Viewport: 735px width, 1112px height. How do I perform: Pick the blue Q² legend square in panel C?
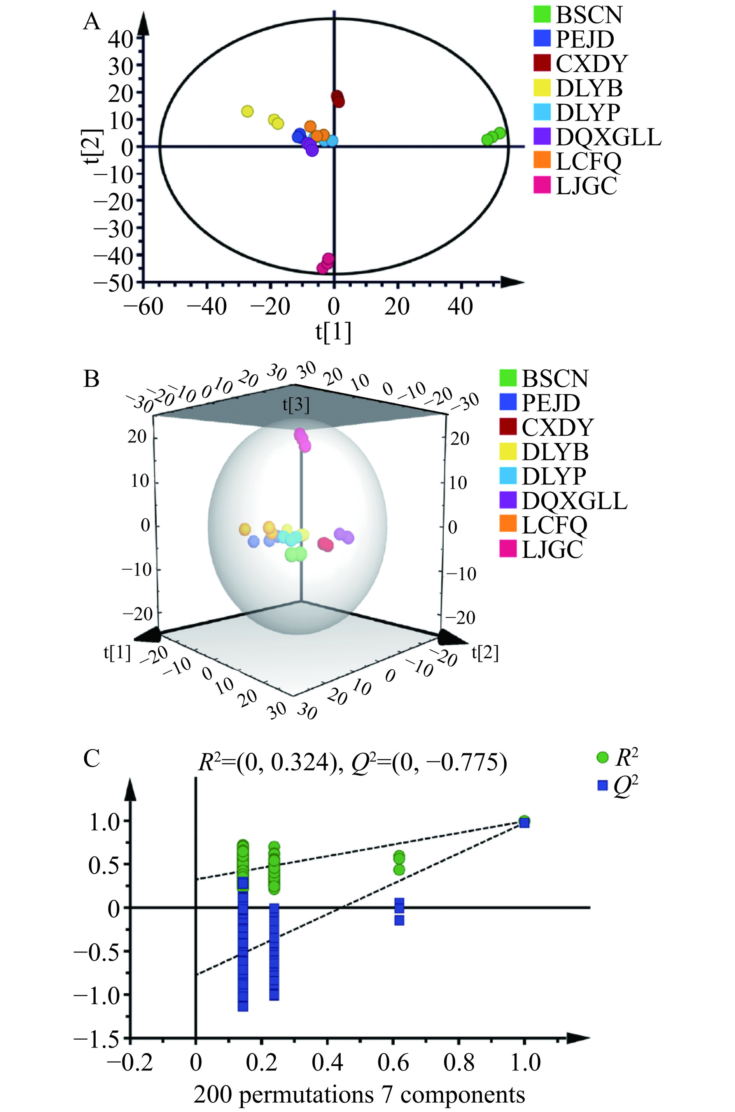[x=603, y=786]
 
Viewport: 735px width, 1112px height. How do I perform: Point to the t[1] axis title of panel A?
[x=333, y=332]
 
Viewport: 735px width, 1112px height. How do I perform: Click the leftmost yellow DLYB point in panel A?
[x=247, y=112]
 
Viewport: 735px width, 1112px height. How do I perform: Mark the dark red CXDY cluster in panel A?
[x=338, y=98]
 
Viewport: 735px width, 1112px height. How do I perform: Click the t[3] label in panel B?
[x=296, y=405]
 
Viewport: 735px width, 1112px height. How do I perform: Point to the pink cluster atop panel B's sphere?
[x=302, y=439]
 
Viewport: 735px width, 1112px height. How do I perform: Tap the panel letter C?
[x=91, y=758]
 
